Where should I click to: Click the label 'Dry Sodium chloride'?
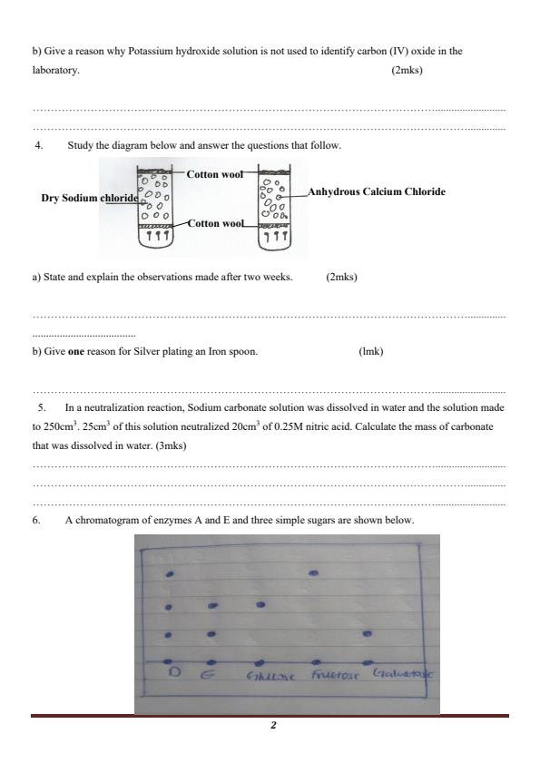pos(90,198)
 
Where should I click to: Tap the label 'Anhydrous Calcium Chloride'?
pos(377,191)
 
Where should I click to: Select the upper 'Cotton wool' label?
pos(214,173)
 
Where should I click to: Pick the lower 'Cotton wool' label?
pos(215,222)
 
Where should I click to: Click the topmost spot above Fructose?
pos(314,573)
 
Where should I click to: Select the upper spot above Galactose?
pos(368,633)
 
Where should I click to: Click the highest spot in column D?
pos(170,576)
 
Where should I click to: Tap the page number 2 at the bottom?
pos(271,726)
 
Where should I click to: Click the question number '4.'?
pos(39,145)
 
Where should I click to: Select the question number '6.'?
pos(37,521)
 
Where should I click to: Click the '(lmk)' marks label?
pos(371,351)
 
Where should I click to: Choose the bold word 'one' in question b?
pos(75,351)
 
